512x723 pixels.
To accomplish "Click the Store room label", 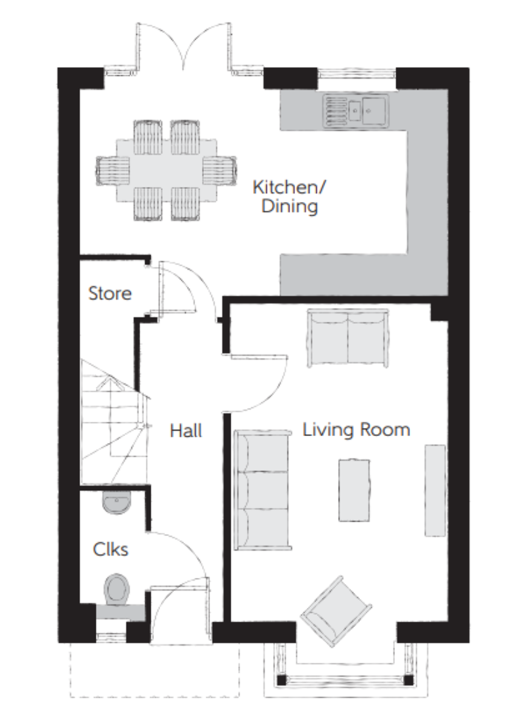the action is [110, 293].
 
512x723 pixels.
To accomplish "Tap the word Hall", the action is [186, 431].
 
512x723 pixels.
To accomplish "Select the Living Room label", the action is [356, 430].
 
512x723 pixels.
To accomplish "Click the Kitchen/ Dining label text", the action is [289, 197].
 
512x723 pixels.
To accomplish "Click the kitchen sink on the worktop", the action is [355, 110].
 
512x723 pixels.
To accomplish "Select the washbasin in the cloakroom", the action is [117, 502].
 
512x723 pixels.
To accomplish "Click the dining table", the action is [166, 170].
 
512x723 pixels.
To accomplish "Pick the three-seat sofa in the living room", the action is [263, 490].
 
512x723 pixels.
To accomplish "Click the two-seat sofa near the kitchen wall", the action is [348, 338].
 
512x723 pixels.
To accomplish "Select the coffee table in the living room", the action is [354, 490].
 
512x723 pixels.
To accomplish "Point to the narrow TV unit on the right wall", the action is [435, 490].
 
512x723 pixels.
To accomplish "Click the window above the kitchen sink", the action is [357, 74].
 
